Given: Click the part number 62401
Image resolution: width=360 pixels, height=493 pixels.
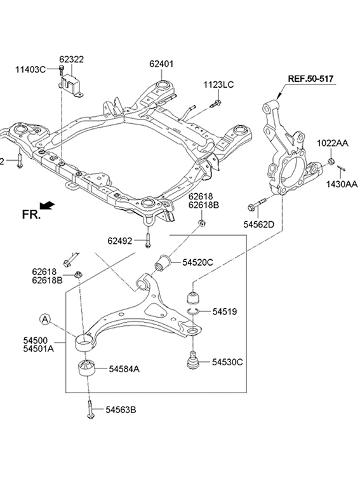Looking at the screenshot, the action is tap(161, 64).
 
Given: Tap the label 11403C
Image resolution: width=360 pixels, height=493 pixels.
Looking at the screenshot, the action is tap(30, 69).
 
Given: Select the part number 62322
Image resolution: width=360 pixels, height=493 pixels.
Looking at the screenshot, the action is tap(72, 59).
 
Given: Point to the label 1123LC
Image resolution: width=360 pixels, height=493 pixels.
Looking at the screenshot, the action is tap(218, 84).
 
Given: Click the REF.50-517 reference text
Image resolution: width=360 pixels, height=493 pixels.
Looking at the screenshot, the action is tap(310, 79).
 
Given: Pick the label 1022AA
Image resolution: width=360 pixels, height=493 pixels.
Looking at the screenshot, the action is tap(332, 144).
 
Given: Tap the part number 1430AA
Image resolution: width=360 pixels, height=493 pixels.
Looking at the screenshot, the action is tap(342, 184).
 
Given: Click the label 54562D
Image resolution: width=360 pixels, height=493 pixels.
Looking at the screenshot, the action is tap(259, 224).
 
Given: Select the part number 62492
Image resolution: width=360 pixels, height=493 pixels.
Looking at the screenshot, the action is tap(120, 241).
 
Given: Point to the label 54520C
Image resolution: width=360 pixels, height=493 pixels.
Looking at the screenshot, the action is tap(197, 262).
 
